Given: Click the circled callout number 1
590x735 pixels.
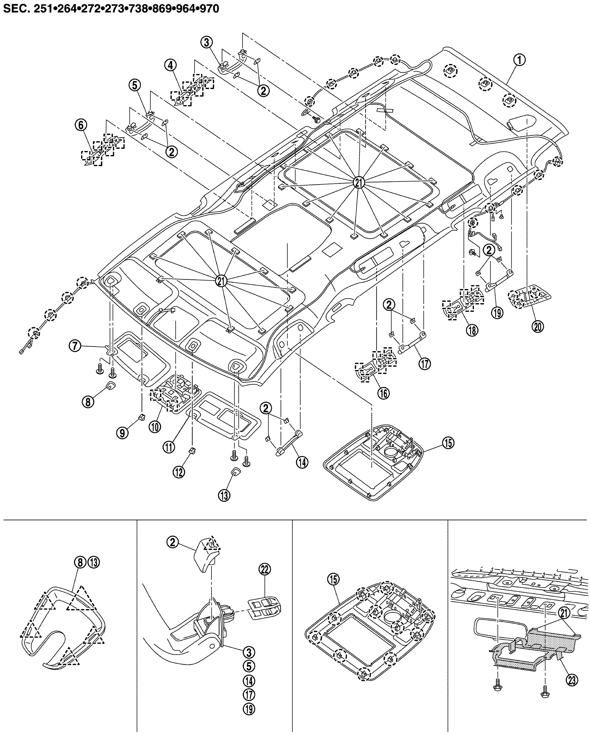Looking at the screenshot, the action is [519, 60].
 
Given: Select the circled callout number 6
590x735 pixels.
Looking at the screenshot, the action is [81, 126].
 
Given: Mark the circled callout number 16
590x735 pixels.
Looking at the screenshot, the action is [383, 393].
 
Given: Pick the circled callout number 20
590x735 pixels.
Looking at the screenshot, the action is [538, 327].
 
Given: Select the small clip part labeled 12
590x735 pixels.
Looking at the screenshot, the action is [192, 451].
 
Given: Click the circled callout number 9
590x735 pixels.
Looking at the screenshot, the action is [122, 433].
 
